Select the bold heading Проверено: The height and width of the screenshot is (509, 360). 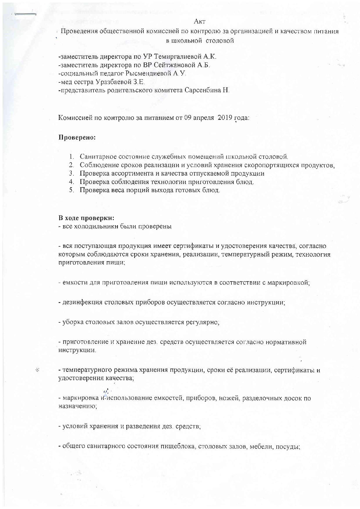click(x=77, y=137)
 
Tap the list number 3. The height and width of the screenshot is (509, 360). click(x=71, y=174)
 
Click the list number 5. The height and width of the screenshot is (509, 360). click(x=71, y=190)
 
